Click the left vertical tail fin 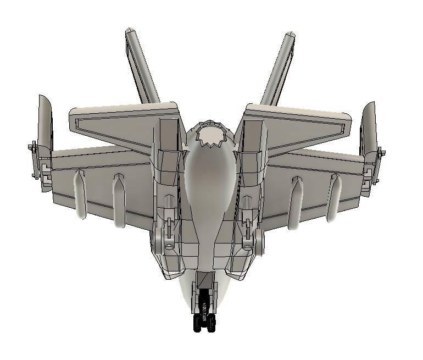click(x=142, y=66)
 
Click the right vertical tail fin click(x=279, y=69)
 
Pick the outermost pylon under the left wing click(x=80, y=195)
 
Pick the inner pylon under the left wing click(x=118, y=201)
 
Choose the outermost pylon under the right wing click(x=334, y=198)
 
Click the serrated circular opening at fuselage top click(x=211, y=135)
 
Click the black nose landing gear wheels click(x=204, y=323)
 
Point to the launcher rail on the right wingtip click(x=377, y=165)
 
